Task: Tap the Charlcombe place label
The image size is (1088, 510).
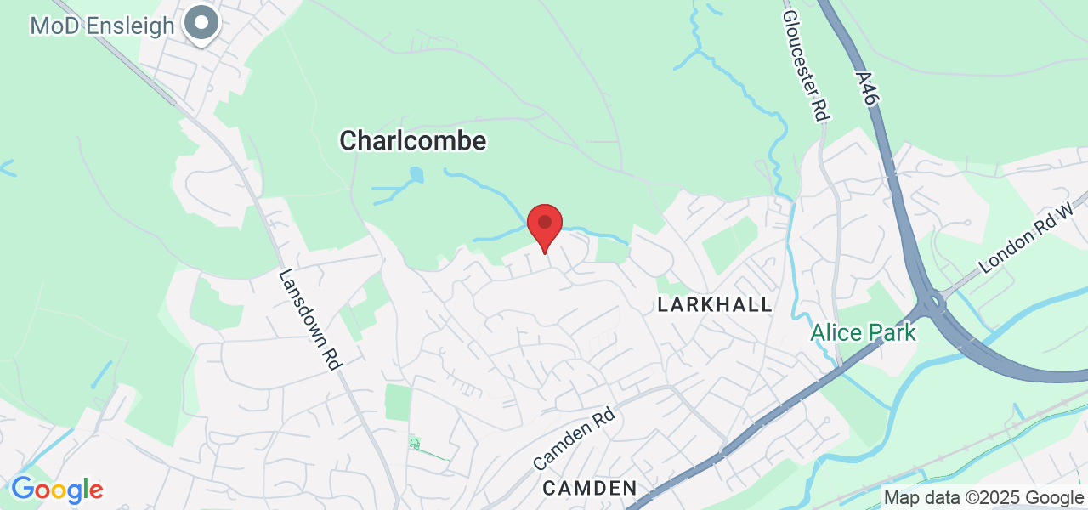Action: tap(412, 140)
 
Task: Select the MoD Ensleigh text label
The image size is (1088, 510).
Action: tap(102, 25)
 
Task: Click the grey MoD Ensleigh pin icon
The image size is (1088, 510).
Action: tap(202, 23)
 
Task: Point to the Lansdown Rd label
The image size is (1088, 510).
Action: tap(310, 320)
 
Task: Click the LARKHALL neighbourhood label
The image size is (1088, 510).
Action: tap(715, 304)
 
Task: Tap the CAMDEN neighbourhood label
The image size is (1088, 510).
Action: tap(589, 488)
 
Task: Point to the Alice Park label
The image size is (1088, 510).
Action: tap(863, 332)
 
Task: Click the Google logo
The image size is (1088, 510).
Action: tap(57, 490)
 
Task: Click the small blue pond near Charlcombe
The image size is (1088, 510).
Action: tap(416, 175)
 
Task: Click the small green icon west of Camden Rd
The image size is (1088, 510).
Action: tap(415, 444)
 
